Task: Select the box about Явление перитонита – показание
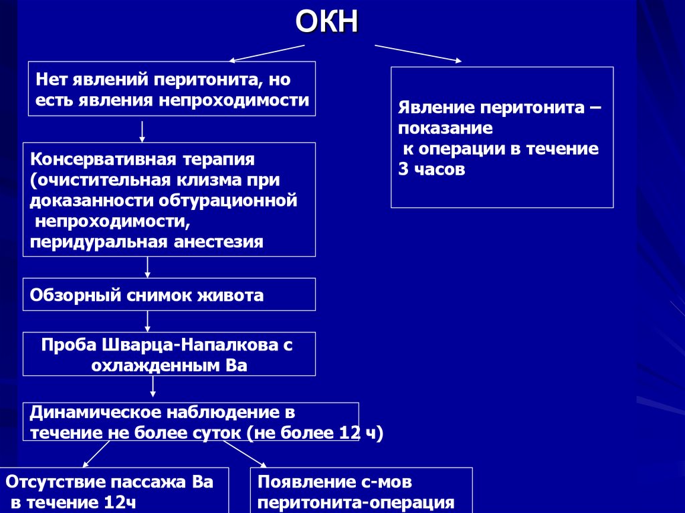point(502,137)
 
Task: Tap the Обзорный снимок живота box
point(169,295)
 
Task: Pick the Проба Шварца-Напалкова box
point(169,354)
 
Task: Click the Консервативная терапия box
point(169,199)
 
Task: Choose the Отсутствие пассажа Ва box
point(114,491)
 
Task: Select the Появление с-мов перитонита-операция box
point(361,491)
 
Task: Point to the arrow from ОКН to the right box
point(417,54)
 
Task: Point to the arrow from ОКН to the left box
point(268,54)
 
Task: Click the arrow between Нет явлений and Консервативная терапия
point(142,131)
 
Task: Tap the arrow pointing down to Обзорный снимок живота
point(148,267)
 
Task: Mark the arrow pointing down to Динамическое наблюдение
point(153,387)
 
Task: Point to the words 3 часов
point(431,170)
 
